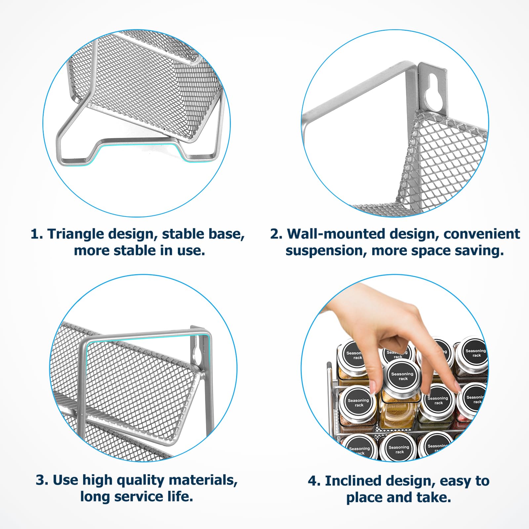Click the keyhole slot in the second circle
tap(432, 92)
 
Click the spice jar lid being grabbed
tap(402, 376)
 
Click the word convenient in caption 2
tap(482, 234)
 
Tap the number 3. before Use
tap(42, 480)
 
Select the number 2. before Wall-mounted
tap(276, 234)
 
